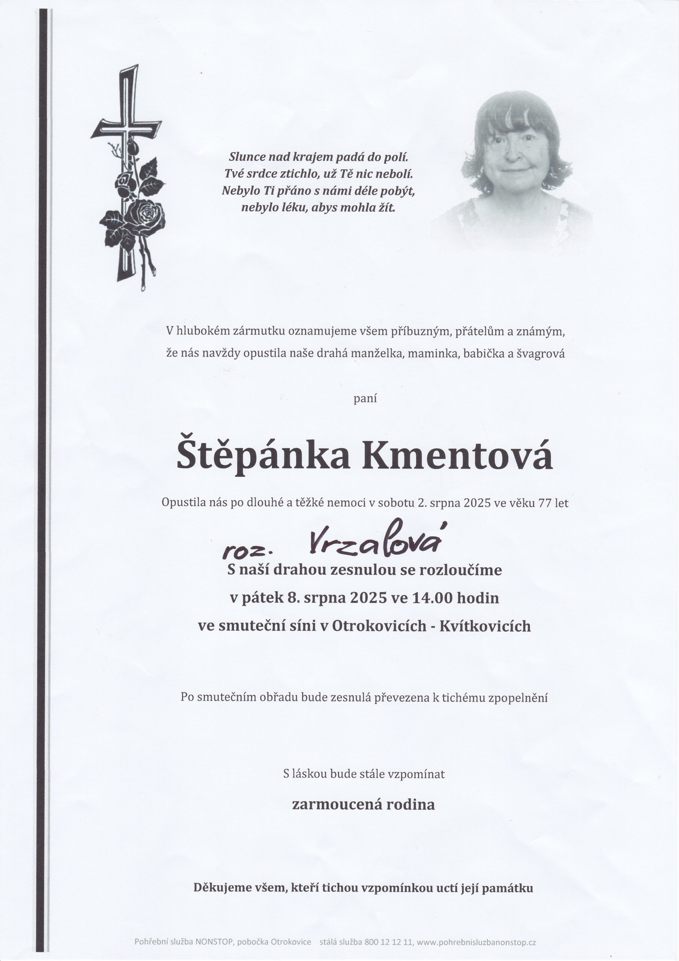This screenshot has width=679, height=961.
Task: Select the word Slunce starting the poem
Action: (x=248, y=157)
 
